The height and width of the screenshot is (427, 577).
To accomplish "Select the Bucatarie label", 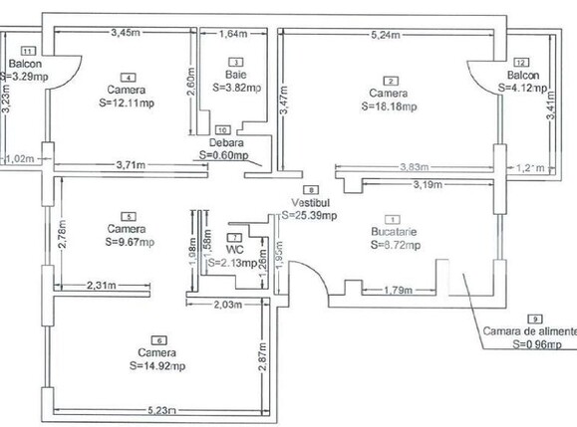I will [x=392, y=231].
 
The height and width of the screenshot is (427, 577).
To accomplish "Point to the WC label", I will [x=232, y=249].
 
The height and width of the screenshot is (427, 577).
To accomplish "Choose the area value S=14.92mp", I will [x=157, y=365].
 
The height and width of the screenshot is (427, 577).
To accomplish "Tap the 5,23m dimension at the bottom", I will [x=159, y=409].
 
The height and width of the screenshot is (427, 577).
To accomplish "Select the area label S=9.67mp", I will [x=126, y=240].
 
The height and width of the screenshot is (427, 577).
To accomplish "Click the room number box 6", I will [x=157, y=339].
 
